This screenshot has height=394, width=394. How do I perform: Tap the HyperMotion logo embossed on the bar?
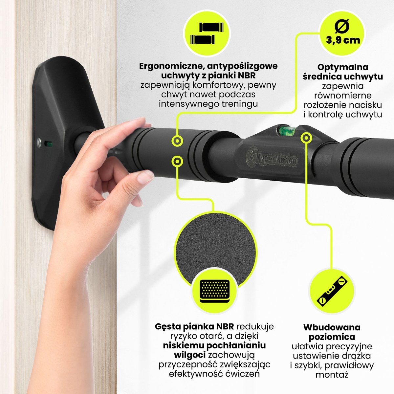pos(272,157)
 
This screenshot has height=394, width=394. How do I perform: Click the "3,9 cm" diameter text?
pos(343,40)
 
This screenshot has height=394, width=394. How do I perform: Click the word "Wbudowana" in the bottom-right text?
pos(332,327)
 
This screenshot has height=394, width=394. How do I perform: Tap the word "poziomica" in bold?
pos(332,337)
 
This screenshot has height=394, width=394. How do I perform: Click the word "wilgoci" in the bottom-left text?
pos(189,355)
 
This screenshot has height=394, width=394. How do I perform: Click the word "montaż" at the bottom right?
pos(332,375)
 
